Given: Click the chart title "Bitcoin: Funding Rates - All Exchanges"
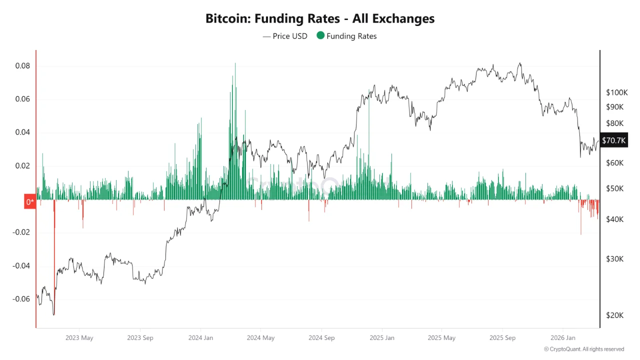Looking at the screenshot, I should pyautogui.click(x=320, y=18).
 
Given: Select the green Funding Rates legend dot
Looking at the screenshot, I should pyautogui.click(x=320, y=36).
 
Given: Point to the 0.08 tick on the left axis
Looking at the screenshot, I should pyautogui.click(x=23, y=66).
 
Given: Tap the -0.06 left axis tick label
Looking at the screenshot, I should pyautogui.click(x=21, y=299).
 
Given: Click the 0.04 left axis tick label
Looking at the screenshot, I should pyautogui.click(x=23, y=132).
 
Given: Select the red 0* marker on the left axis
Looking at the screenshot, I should pyautogui.click(x=30, y=201).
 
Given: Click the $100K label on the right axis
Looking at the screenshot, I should pyautogui.click(x=616, y=92).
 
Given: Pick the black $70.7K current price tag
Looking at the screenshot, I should pyautogui.click(x=613, y=140).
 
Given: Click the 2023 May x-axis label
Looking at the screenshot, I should pyautogui.click(x=79, y=337).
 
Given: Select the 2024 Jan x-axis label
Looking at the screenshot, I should pyautogui.click(x=200, y=337).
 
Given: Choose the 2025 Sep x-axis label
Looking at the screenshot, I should pyautogui.click(x=502, y=337).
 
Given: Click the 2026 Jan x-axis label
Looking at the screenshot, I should pyautogui.click(x=563, y=337).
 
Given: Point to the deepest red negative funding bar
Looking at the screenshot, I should pyautogui.click(x=54, y=225).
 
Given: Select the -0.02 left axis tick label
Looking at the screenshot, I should pyautogui.click(x=21, y=232).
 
